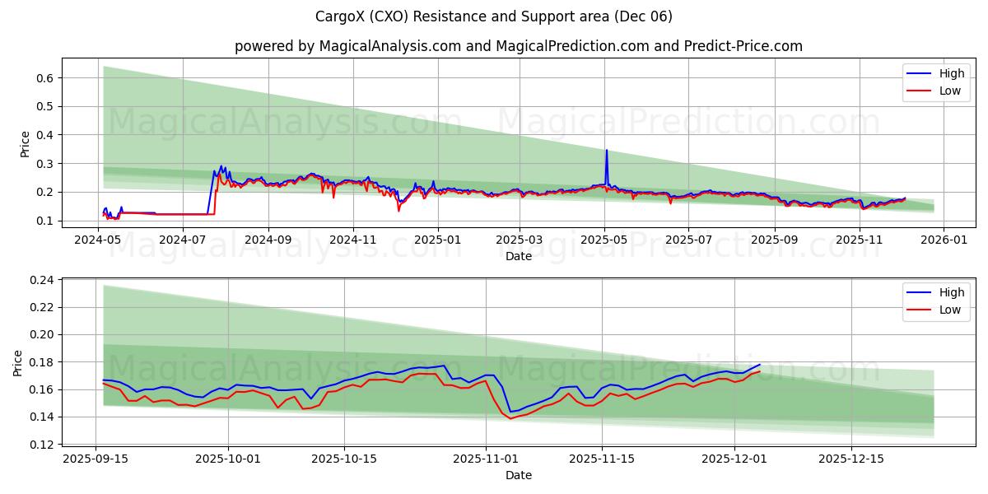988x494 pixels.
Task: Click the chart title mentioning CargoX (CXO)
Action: [494, 16]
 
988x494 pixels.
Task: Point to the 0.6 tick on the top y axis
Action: [46, 78]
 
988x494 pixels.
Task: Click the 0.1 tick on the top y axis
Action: [46, 221]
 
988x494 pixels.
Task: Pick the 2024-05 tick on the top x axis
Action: [100, 240]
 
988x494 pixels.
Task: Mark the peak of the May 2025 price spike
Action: [607, 150]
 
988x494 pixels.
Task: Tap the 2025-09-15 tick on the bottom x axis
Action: [96, 459]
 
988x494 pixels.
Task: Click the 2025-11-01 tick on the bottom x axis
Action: [485, 459]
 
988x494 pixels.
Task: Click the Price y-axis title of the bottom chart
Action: [18, 362]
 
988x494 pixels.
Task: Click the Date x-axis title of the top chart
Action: [519, 256]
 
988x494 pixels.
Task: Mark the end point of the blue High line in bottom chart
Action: [760, 364]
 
